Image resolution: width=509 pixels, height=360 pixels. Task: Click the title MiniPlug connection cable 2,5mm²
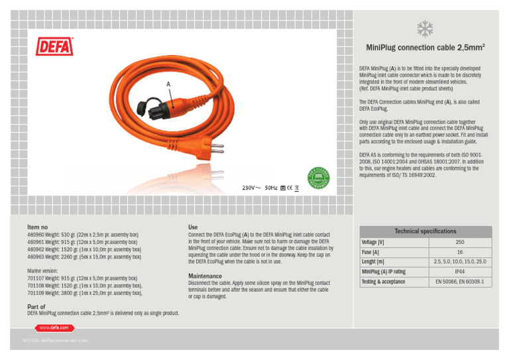pos(424,48)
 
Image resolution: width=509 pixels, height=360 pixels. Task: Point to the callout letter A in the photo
pos(169,84)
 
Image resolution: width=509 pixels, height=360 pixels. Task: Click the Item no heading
pos(38,227)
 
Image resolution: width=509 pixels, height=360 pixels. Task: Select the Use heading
pos(193,227)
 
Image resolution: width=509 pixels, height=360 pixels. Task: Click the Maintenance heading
pos(206,275)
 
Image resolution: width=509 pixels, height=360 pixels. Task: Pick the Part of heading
pos(36,307)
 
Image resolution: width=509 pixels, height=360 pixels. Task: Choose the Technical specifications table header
pos(425,231)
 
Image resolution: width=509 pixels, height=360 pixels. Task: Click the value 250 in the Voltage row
pos(459,243)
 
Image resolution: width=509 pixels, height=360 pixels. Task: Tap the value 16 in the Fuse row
pos(459,253)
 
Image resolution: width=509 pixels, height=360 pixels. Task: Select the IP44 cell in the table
pos(459,272)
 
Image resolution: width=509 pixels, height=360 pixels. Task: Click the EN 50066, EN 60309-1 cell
pos(459,282)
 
